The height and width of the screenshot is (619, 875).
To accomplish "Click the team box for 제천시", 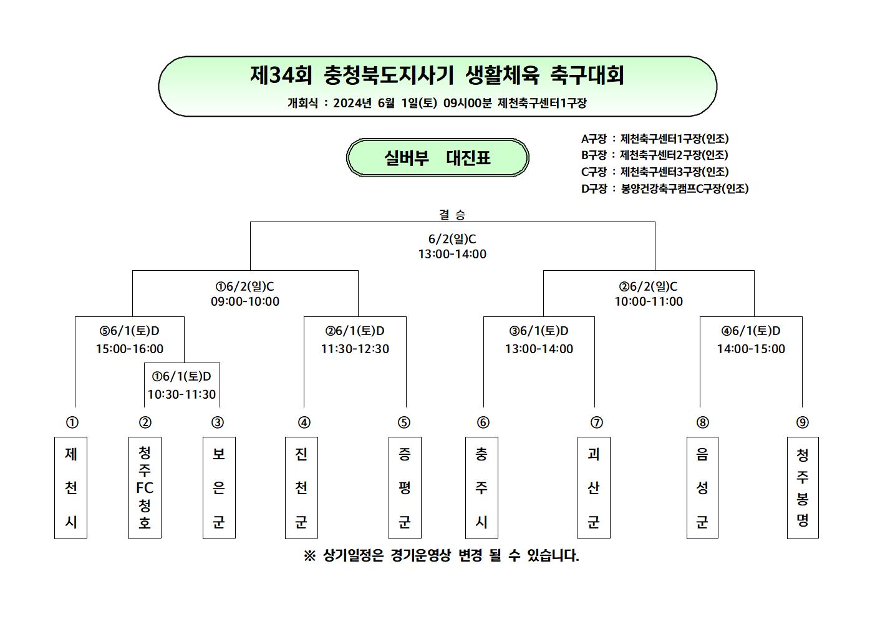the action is [70, 488].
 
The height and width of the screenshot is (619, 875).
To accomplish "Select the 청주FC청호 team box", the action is [145, 488].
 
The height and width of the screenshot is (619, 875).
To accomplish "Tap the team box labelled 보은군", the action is [219, 488].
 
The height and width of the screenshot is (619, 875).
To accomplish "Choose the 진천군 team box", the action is [301, 488].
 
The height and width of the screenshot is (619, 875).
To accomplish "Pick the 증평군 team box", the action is [405, 488].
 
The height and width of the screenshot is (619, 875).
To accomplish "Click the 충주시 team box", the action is [481, 488].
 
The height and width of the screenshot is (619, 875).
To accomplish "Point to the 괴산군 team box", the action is [594, 488].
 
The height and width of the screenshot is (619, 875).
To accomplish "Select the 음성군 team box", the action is [702, 488].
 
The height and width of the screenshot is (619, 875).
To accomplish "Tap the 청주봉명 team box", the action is [803, 488].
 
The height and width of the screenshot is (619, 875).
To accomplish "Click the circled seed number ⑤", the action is [404, 422].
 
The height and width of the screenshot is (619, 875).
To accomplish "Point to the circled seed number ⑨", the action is [803, 422].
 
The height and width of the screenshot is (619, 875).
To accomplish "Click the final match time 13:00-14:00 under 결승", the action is [452, 254].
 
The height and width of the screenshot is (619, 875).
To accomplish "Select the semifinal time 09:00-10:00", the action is [245, 301].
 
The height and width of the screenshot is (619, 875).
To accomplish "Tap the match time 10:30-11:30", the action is [181, 394].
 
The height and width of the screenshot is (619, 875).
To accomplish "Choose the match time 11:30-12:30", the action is [355, 349].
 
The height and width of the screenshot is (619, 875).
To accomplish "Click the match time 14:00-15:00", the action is [751, 349].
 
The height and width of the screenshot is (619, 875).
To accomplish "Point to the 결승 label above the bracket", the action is [452, 214].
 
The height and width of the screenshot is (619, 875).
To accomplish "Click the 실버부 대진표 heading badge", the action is [438, 157].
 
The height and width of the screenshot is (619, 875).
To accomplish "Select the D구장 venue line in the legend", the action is [665, 188].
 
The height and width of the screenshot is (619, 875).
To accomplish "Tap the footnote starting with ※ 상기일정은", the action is [442, 555].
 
